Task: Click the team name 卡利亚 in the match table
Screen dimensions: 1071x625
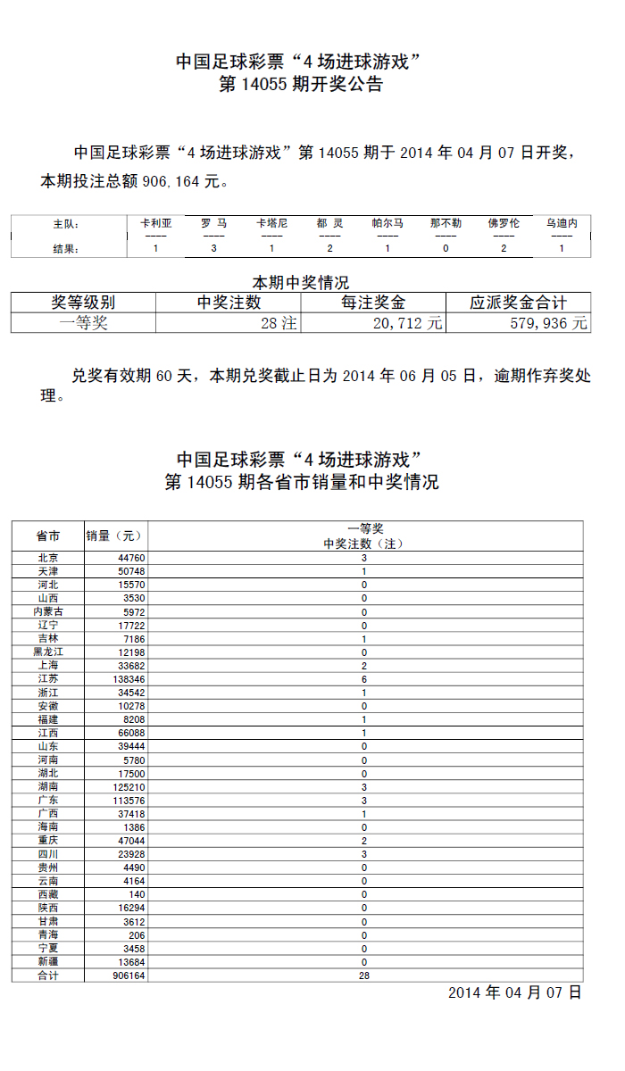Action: click(155, 223)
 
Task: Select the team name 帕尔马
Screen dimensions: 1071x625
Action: click(387, 223)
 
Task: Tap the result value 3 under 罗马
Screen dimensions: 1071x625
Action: click(213, 249)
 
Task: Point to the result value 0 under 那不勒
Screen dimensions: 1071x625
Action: click(446, 249)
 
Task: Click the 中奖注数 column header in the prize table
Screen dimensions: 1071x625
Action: click(229, 303)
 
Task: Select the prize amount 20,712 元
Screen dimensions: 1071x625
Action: click(407, 323)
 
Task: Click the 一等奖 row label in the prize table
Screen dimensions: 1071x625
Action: click(83, 323)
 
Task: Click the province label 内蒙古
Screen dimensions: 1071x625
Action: click(48, 611)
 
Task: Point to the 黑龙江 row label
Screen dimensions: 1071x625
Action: click(48, 652)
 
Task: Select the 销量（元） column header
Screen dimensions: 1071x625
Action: click(114, 535)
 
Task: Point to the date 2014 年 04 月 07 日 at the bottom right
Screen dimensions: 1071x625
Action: click(514, 992)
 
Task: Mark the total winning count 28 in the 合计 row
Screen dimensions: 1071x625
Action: click(364, 976)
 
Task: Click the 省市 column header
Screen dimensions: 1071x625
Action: click(48, 535)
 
